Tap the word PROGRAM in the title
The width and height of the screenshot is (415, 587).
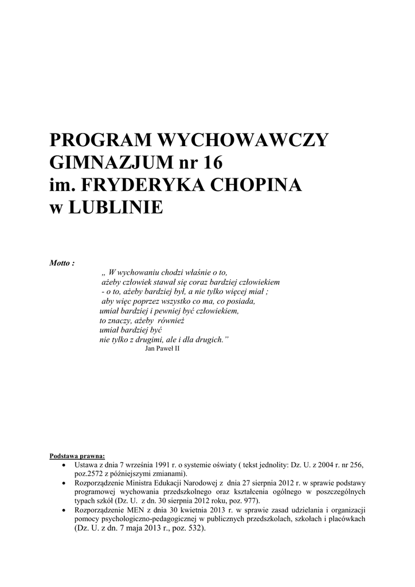pyautogui.click(x=99, y=140)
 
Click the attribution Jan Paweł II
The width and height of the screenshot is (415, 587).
pyautogui.click(x=163, y=348)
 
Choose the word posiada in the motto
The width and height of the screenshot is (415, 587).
pyautogui.click(x=241, y=301)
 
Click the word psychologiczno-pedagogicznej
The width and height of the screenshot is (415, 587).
pyautogui.click(x=150, y=519)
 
